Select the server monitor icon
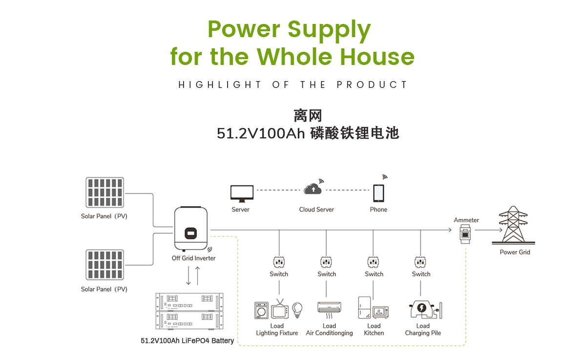coord(242,193)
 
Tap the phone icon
coord(378,193)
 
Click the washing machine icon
coord(262,311)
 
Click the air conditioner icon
coord(329,308)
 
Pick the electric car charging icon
coord(422,309)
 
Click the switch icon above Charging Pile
coord(420,262)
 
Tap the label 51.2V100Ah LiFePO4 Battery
coord(187,340)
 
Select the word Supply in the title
coord(329,29)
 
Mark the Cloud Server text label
coord(316,210)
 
